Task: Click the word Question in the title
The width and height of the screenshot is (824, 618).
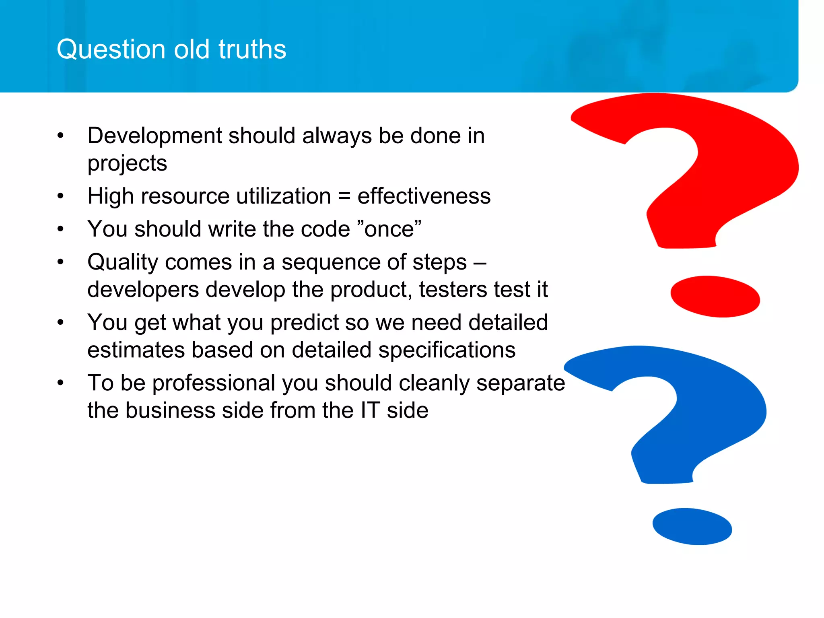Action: click(111, 50)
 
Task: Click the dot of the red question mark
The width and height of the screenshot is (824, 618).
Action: click(715, 297)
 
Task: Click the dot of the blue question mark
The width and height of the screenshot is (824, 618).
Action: click(692, 526)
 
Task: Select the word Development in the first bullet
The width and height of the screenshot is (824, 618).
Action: click(154, 136)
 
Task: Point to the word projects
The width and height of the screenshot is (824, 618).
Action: click(127, 163)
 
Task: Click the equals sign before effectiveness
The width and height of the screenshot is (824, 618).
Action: click(344, 197)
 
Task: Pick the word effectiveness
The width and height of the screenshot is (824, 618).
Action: click(424, 196)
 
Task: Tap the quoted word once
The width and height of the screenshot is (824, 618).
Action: click(389, 229)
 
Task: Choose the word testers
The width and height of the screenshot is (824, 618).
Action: click(453, 289)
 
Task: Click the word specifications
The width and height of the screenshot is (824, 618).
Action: click(447, 350)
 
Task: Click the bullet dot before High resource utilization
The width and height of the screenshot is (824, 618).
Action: click(60, 196)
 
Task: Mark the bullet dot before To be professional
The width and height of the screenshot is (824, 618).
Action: click(60, 382)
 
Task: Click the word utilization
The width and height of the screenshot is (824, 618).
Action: click(283, 196)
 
